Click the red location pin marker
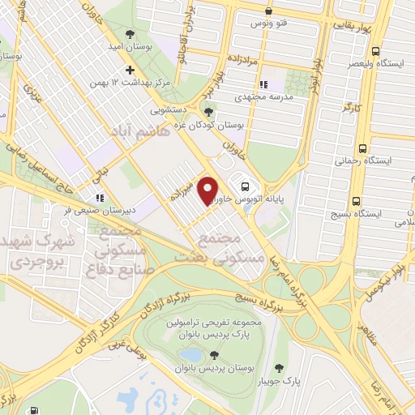tap(208, 190)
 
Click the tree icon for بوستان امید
tap(130, 33)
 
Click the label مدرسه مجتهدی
tap(286, 96)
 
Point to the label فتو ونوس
tap(268, 24)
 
